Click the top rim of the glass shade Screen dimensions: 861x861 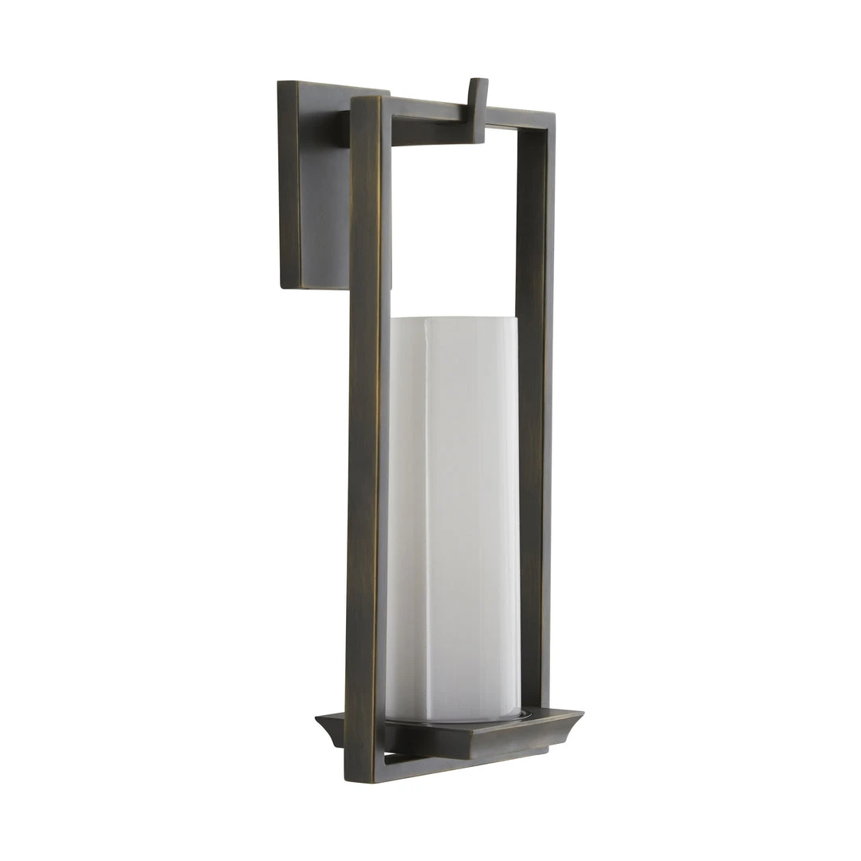coord(453,320)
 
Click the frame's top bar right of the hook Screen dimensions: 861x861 coord(518,118)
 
